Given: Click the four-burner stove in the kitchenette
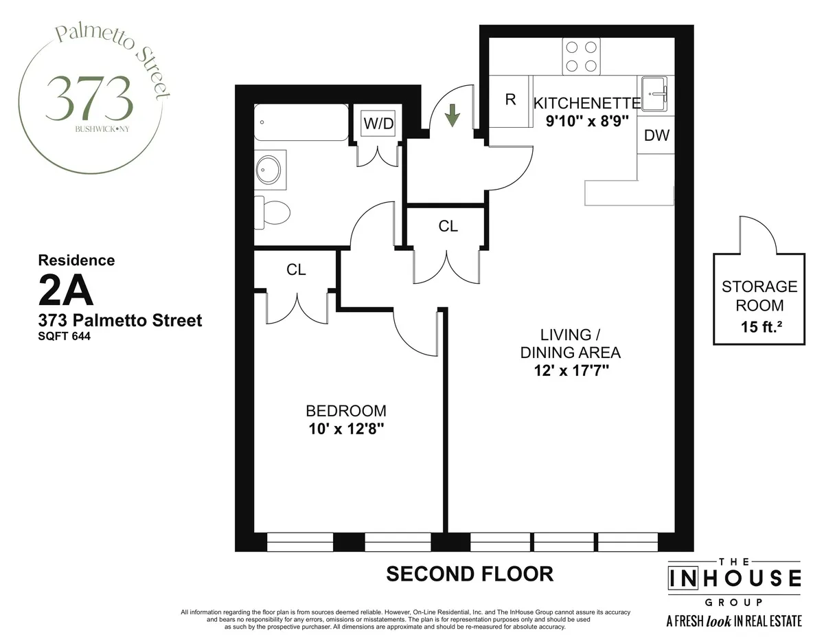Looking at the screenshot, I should [581, 56].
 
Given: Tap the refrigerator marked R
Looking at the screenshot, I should [510, 100].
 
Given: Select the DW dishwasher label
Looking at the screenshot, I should [656, 135].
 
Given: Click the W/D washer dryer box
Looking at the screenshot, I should [378, 124].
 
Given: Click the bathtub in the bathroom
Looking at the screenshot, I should [301, 122].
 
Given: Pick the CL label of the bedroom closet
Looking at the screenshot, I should [296, 270].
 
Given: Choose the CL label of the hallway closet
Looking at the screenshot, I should [448, 226].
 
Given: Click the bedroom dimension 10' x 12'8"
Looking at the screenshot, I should [346, 429].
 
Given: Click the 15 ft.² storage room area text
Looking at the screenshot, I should [759, 327].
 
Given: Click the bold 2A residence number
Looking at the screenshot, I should [66, 293].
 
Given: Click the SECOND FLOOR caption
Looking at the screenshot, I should [470, 573].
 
